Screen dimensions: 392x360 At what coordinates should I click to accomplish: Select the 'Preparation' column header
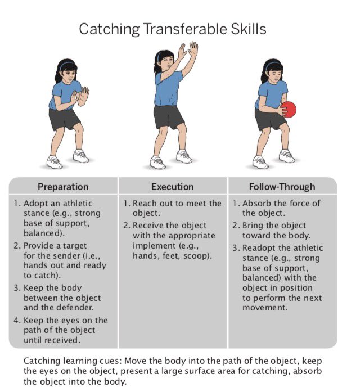[x=63, y=187]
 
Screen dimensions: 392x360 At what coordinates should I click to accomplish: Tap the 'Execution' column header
[x=172, y=187]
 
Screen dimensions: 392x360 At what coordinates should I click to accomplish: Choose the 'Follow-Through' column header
[x=282, y=187]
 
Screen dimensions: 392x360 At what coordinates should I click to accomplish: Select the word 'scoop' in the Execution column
[x=197, y=255]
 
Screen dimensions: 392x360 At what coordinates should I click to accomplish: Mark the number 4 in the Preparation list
[x=16, y=320]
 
